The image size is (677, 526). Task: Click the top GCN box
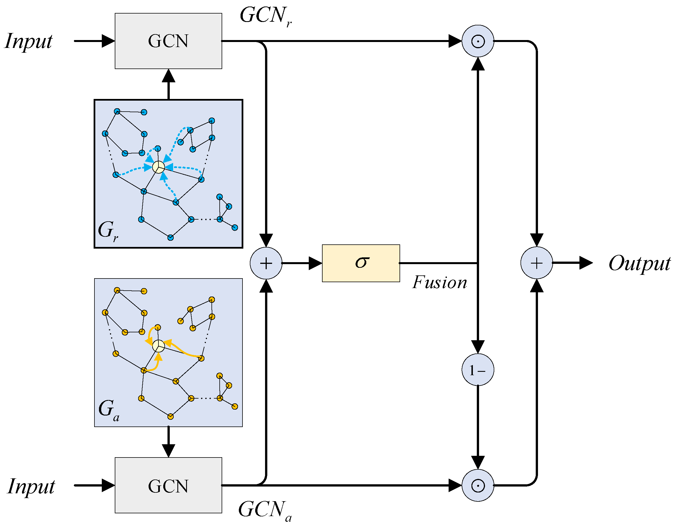click(168, 41)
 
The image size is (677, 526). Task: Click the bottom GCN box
click(168, 485)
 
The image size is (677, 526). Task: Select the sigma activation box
click(361, 263)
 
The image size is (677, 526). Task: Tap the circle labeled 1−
click(478, 370)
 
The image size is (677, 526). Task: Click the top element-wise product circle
click(478, 41)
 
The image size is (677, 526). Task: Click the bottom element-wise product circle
click(478, 485)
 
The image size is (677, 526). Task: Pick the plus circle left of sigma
click(266, 263)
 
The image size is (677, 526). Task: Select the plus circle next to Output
click(536, 263)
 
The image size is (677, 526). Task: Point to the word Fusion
click(439, 283)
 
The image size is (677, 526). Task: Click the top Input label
click(28, 41)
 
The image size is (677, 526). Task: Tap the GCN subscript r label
click(265, 16)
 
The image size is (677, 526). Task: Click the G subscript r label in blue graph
click(107, 230)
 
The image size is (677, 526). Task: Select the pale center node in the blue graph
click(158, 167)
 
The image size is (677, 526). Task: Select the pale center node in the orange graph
click(158, 346)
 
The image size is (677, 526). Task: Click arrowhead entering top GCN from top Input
click(108, 41)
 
